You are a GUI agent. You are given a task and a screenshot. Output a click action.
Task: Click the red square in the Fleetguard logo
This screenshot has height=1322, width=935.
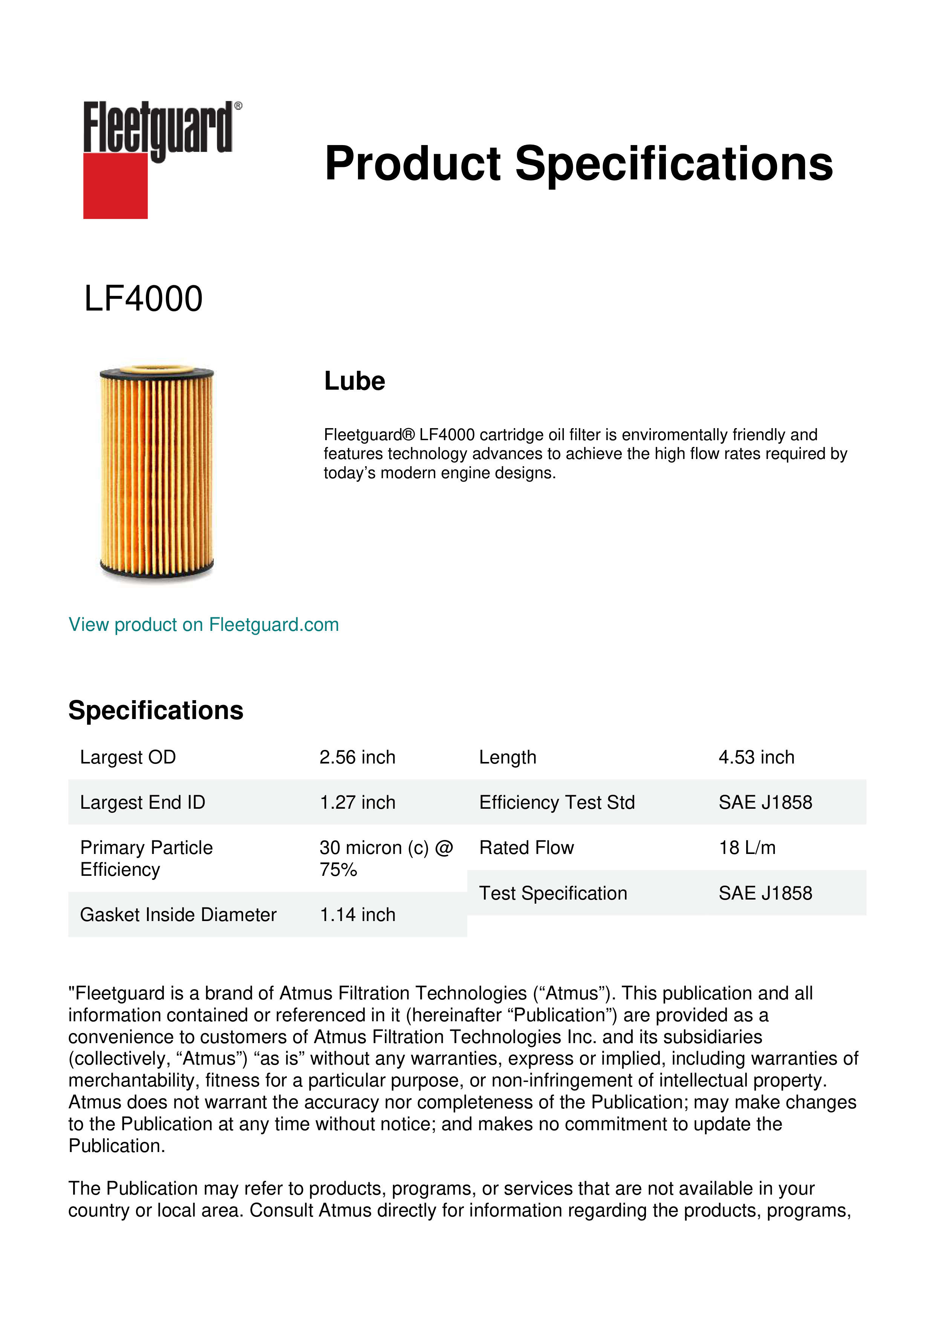(x=115, y=185)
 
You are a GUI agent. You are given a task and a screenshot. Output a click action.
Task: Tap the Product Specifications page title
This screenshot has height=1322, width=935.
(x=578, y=164)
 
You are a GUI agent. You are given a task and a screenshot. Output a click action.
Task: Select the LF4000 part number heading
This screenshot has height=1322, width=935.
(x=143, y=299)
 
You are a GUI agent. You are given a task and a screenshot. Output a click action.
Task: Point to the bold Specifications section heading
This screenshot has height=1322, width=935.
(x=155, y=710)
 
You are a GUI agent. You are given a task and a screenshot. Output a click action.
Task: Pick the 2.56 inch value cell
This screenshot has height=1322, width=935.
(x=358, y=757)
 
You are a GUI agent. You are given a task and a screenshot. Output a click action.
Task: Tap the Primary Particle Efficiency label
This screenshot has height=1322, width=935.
(x=146, y=858)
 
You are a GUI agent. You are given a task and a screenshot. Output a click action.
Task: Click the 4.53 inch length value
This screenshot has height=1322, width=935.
(x=756, y=757)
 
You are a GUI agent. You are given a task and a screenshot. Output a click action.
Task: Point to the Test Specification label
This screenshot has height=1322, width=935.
(x=553, y=894)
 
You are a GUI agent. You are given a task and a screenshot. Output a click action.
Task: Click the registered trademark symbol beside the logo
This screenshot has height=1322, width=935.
(x=238, y=106)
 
